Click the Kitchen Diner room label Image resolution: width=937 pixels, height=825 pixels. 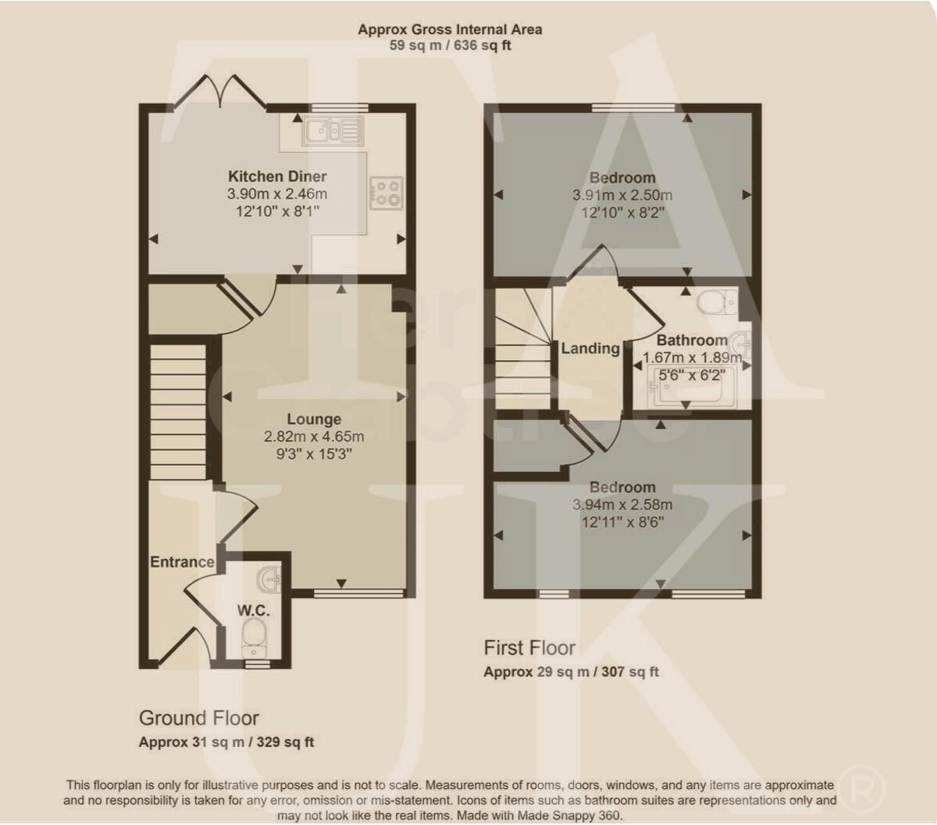pos(277,177)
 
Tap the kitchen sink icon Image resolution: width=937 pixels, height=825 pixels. pos(333,130)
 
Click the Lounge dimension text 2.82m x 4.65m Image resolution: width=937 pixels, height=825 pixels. pos(313,437)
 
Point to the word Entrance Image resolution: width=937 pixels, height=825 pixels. pos(182,562)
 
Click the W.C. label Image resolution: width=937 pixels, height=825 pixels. pos(254,610)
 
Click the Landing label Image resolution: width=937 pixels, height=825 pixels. pos(590,348)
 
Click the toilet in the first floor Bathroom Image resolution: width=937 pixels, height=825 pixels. pos(717,302)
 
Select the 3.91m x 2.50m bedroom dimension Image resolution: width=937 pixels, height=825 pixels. pos(622,195)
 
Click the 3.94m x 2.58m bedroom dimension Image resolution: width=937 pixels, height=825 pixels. pos(622,505)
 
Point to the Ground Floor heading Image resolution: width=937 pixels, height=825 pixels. pos(198,718)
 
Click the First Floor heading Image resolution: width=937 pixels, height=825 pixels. pos(529,648)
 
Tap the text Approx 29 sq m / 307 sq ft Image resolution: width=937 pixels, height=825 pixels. pos(571,672)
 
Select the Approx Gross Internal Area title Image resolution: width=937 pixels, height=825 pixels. pos(450,30)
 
